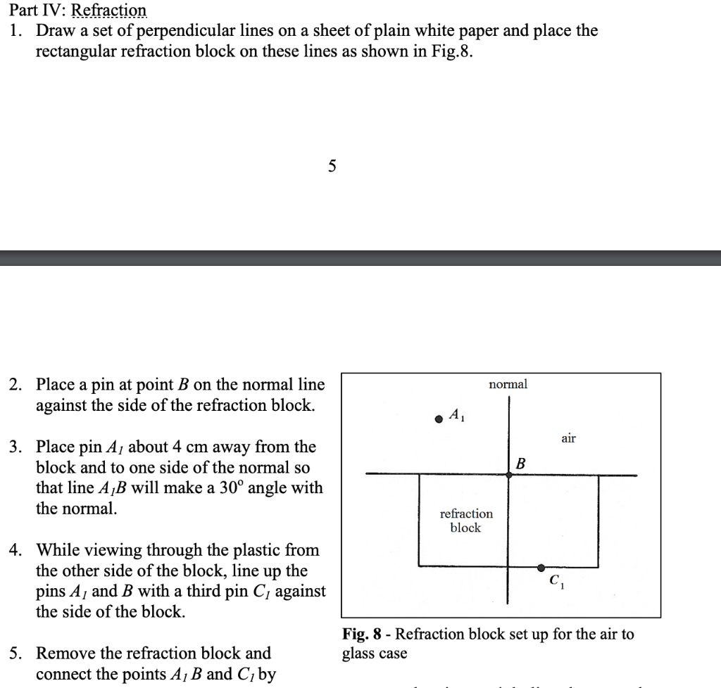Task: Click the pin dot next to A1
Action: pyautogui.click(x=439, y=418)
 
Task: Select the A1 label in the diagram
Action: pyautogui.click(x=456, y=415)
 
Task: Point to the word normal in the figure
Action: pyautogui.click(x=508, y=384)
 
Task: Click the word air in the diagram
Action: pyautogui.click(x=568, y=438)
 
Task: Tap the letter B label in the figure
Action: pyautogui.click(x=521, y=464)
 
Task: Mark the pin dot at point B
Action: pyautogui.click(x=508, y=476)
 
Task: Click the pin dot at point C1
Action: pyautogui.click(x=541, y=567)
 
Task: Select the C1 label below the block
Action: pyautogui.click(x=556, y=582)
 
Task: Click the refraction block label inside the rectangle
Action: pyautogui.click(x=466, y=521)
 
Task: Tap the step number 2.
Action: pyautogui.click(x=15, y=385)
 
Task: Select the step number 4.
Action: pyautogui.click(x=15, y=549)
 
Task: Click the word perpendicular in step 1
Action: pyautogui.click(x=181, y=31)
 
